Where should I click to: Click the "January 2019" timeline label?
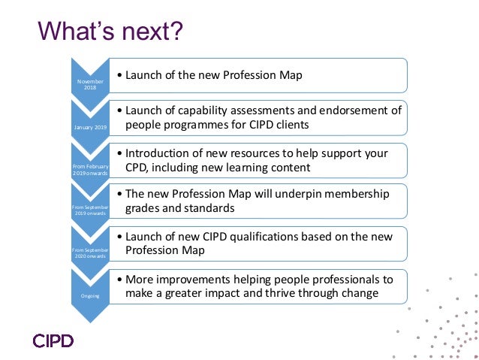(89, 128)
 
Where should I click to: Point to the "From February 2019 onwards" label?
(89, 169)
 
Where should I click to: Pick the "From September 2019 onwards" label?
(89, 210)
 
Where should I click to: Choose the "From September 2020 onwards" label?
(89, 253)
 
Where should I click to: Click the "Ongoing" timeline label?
(89, 295)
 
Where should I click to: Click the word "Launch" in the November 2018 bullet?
(143, 75)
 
